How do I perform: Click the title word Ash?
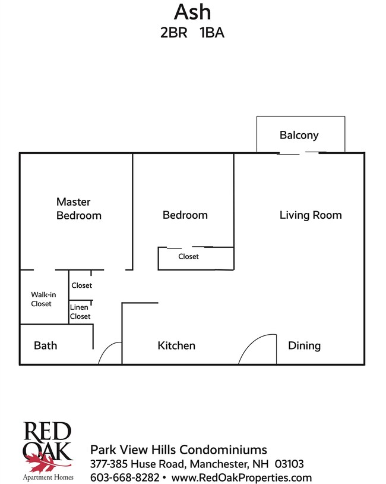[x=192, y=12]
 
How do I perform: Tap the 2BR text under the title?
[x=172, y=33]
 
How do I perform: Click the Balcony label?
[x=299, y=135]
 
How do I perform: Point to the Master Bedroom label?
[x=78, y=209]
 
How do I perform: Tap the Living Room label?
[x=311, y=215]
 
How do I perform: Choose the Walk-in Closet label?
[x=42, y=299]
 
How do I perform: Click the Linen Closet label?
[x=80, y=312]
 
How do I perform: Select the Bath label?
[x=45, y=345]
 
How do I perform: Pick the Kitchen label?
[x=176, y=345]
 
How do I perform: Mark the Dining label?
[x=304, y=345]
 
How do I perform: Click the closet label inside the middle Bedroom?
[x=188, y=256]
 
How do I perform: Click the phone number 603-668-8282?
[x=124, y=477]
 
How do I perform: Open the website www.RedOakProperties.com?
[x=242, y=477]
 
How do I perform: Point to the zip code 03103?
[x=290, y=464]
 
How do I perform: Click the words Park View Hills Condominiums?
[x=178, y=450]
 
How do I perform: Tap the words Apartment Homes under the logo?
[x=48, y=477]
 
